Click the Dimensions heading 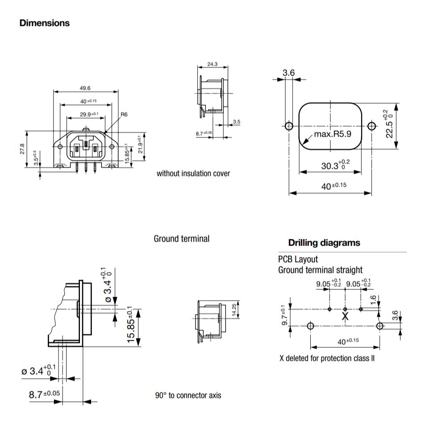pyautogui.click(x=45, y=23)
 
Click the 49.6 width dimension pyautogui.click(x=85, y=88)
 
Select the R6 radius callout pyautogui.click(x=124, y=114)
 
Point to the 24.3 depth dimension pyautogui.click(x=213, y=64)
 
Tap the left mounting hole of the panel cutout pyautogui.click(x=289, y=126)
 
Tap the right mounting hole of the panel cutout pyautogui.click(x=371, y=126)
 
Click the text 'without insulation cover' pyautogui.click(x=193, y=173)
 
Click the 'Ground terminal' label pyautogui.click(x=181, y=238)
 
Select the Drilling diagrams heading pyautogui.click(x=324, y=243)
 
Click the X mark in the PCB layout pyautogui.click(x=345, y=316)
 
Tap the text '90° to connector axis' pyautogui.click(x=188, y=395)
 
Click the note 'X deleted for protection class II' pyautogui.click(x=326, y=359)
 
